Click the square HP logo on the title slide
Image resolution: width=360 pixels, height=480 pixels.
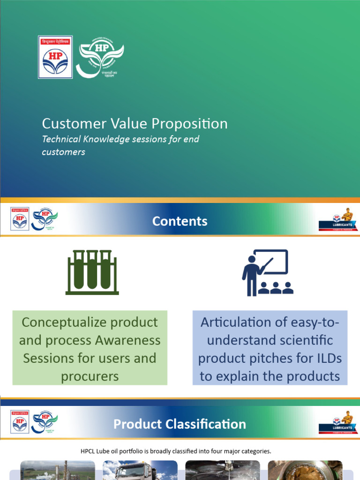click(55, 57)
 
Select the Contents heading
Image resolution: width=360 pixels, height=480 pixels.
click(180, 221)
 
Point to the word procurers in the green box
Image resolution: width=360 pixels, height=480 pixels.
click(90, 376)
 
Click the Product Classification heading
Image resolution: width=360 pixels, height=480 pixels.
click(180, 424)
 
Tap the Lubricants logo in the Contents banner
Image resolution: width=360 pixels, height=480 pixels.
click(335, 220)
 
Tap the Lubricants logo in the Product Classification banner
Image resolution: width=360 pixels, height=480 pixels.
click(335, 423)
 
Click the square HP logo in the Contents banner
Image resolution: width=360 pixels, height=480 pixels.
click(20, 219)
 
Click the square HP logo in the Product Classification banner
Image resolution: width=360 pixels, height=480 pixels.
click(20, 422)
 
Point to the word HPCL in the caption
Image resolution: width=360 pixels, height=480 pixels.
click(91, 451)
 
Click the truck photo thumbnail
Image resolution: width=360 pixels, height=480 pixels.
click(140, 470)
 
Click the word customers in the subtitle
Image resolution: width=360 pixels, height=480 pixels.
click(64, 152)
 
